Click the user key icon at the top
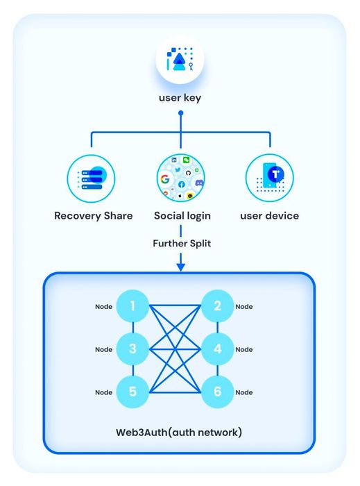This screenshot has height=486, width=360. coord(180,59)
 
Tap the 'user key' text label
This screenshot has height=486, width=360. coord(180,98)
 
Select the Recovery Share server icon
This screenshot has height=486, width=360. coord(92,178)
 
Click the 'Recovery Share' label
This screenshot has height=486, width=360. coord(93,216)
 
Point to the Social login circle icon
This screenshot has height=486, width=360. coord(181,178)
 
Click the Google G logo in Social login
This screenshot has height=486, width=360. coord(165,179)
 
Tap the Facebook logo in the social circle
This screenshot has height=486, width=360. coord(182,185)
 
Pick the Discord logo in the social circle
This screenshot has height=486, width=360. coord(199,183)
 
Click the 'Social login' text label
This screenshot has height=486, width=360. coord(182,216)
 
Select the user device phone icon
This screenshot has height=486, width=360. coord(270,178)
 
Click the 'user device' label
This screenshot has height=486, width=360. coord(270,216)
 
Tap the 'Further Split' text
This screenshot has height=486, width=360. coord(182,243)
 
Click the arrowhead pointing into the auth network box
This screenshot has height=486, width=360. coord(181,267)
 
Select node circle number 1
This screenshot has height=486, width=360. coord(132,306)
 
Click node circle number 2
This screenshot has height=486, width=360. coord(217,306)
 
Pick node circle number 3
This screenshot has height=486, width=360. coord(132,349)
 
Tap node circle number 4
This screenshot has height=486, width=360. coord(217,349)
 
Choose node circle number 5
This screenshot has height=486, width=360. coord(132,392)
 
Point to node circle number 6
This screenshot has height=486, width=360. coord(217,392)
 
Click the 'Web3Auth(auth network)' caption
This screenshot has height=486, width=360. coord(179,433)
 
